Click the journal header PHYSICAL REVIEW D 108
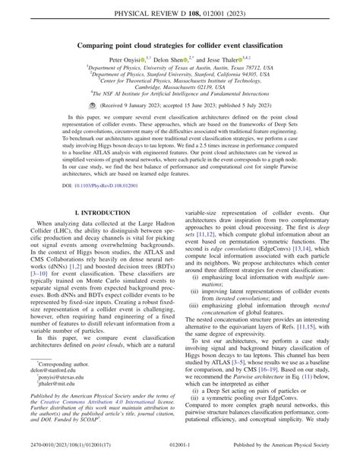(179, 13)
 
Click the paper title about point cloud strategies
(179, 46)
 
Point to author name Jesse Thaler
(229, 59)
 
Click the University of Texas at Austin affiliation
(180, 68)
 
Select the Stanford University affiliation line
(180, 75)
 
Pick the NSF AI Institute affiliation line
(180, 98)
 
